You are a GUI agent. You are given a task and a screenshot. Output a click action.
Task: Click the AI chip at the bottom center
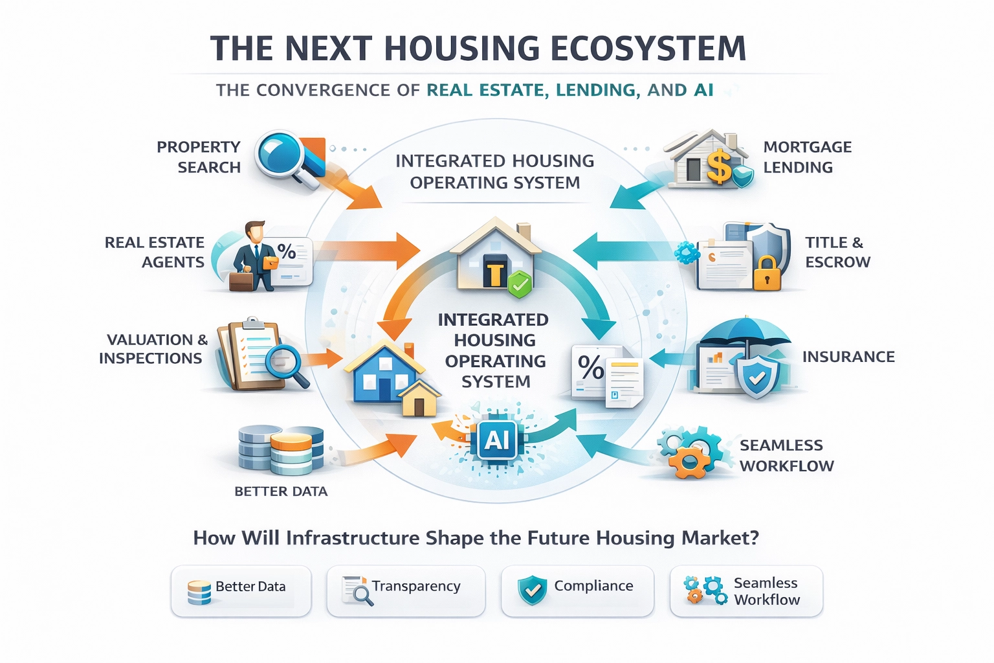pos(497,440)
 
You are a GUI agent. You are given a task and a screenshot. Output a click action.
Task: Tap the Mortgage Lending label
pos(807,157)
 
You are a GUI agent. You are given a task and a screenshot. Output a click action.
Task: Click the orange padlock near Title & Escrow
pos(768,273)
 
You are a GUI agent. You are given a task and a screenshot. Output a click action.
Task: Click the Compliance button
pos(577,590)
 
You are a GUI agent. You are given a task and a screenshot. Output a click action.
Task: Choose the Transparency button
pos(406,590)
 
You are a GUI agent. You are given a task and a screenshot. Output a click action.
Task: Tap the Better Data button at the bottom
pos(241,590)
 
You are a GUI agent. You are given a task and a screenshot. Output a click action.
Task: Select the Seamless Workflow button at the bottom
pos(746,590)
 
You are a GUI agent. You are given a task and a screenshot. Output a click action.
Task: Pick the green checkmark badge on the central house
pos(519,284)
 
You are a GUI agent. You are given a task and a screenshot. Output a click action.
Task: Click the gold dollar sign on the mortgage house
pos(718,166)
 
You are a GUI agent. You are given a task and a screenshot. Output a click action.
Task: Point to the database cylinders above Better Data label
pos(281,448)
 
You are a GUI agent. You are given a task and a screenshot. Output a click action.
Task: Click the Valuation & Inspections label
pos(153,349)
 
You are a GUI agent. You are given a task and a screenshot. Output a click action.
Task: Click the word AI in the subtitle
pos(703,90)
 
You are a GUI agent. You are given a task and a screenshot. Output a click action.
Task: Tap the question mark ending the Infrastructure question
pos(753,538)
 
